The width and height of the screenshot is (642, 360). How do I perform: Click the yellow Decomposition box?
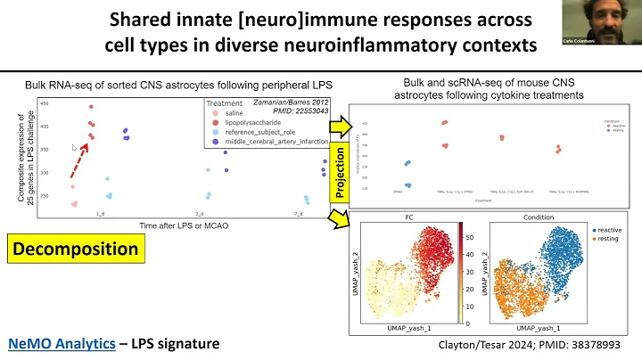(x=76, y=248)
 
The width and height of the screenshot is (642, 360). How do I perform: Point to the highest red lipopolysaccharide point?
(x=90, y=107)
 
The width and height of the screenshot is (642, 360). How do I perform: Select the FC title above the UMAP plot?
(x=407, y=217)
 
